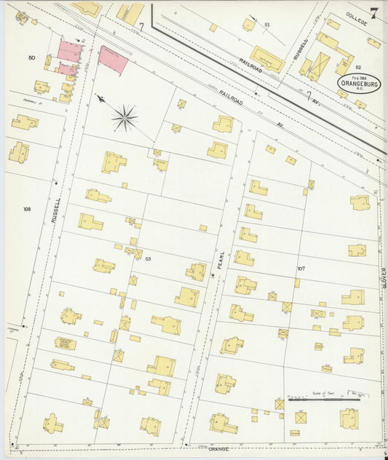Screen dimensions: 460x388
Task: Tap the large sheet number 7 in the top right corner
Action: click(373, 13)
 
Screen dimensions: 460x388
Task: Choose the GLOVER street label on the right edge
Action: click(384, 277)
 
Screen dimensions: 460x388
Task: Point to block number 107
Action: click(300, 269)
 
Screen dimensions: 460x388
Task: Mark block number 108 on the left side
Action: click(27, 209)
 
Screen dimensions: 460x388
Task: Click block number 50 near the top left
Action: click(31, 57)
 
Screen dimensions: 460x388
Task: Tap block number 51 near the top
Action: click(267, 25)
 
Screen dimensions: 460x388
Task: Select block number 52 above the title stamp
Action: click(358, 67)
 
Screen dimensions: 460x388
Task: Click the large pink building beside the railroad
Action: click(113, 59)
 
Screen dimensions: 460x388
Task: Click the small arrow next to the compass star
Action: click(100, 98)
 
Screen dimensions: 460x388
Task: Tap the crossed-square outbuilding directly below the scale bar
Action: click(300, 418)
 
